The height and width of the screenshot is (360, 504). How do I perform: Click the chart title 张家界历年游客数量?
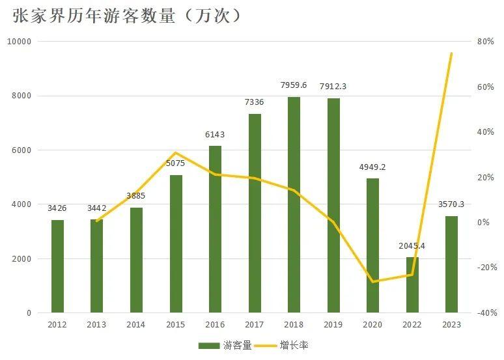point(127,16)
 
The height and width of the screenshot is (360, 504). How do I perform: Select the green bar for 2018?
point(294,204)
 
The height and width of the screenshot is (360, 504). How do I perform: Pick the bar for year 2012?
point(57,266)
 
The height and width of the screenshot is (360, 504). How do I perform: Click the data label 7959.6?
point(294,85)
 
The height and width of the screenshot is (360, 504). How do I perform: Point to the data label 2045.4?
point(412,246)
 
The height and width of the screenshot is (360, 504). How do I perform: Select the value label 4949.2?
point(372,167)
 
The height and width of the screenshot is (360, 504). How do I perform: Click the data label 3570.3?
point(452,204)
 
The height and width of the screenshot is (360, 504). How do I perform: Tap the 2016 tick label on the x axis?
point(215,324)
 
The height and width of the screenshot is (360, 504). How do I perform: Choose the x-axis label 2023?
point(451,324)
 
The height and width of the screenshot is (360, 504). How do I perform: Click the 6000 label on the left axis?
point(23,150)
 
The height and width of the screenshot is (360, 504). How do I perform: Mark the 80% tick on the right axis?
point(486,42)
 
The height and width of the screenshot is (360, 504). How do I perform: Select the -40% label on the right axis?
point(487,313)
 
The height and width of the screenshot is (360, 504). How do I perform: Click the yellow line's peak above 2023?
point(451,53)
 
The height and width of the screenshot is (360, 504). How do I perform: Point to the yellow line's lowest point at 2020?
point(372,281)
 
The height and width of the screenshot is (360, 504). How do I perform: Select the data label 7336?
point(255,102)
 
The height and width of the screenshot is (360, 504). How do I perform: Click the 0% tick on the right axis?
point(483,223)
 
